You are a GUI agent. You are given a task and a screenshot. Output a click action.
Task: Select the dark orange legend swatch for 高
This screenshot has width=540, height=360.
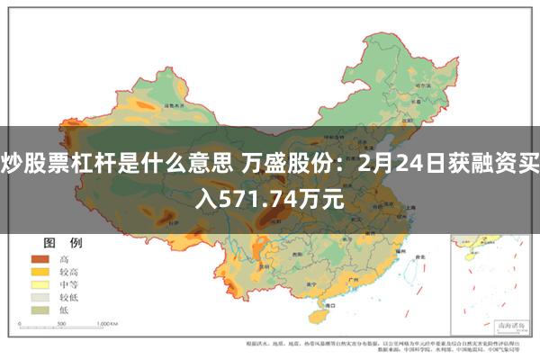click(40, 258)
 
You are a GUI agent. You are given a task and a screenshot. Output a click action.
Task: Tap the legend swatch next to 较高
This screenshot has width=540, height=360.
click(40, 271)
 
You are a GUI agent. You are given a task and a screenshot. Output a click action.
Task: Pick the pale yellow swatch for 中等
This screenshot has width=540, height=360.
click(40, 283)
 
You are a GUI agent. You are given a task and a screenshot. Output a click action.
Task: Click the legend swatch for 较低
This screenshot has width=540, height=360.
click(40, 296)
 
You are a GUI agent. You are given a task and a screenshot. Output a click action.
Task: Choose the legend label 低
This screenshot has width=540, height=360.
click(65, 309)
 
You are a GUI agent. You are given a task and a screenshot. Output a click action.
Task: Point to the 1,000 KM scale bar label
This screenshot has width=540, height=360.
click(108, 321)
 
